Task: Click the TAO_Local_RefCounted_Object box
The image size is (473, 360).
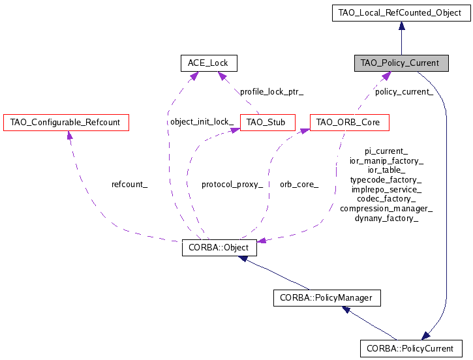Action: tap(401, 12)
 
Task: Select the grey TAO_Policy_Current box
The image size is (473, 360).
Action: tap(401, 63)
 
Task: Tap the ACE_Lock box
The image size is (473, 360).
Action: tap(208, 63)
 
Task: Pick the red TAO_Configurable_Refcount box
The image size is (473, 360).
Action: tap(66, 122)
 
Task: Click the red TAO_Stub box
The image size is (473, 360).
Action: tap(267, 122)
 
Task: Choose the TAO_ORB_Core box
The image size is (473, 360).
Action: tap(349, 122)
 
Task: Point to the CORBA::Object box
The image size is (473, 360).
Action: tap(219, 248)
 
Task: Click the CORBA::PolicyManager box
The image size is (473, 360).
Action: tap(326, 298)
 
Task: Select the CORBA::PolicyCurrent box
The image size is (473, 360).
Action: tap(410, 348)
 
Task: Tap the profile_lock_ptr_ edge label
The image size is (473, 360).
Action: tap(271, 92)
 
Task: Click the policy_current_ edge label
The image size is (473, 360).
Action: tap(404, 92)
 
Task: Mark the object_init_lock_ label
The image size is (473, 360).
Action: tap(202, 122)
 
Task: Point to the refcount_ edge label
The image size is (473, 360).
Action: tap(130, 185)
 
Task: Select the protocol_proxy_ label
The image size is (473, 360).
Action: tap(232, 185)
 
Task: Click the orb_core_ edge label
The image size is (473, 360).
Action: tap(299, 185)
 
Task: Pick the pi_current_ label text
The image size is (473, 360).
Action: tap(386, 151)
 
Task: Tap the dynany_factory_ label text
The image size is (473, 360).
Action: tap(386, 218)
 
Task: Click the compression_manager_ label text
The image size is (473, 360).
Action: tap(386, 209)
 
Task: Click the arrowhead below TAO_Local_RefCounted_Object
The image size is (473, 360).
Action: tap(401, 26)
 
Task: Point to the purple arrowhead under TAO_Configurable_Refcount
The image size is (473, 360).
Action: tap(69, 135)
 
